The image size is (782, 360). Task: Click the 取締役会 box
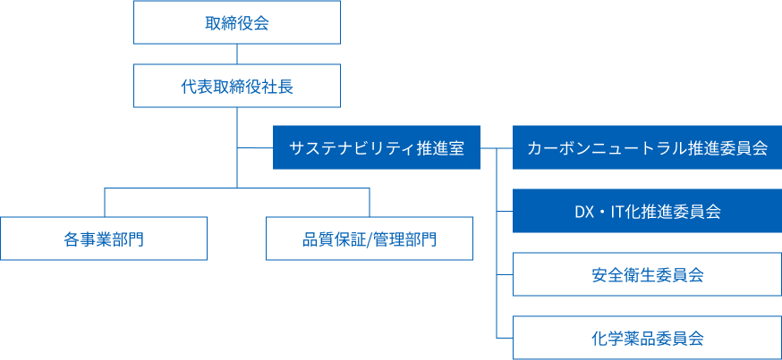pyautogui.click(x=237, y=22)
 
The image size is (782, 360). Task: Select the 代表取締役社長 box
pyautogui.click(x=237, y=87)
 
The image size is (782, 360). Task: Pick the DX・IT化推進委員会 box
pyautogui.click(x=647, y=212)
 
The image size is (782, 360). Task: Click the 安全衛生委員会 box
pyautogui.click(x=647, y=274)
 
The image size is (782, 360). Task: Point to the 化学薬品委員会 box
pyautogui.click(x=647, y=338)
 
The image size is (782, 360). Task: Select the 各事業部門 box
pyautogui.click(x=104, y=239)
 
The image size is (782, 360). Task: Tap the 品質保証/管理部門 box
pyautogui.click(x=370, y=239)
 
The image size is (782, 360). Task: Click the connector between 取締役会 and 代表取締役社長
pyautogui.click(x=237, y=54)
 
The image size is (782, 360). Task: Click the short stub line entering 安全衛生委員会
pyautogui.click(x=505, y=274)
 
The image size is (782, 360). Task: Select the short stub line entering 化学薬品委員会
pyautogui.click(x=505, y=338)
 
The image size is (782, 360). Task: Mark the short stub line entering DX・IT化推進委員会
pyautogui.click(x=505, y=212)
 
